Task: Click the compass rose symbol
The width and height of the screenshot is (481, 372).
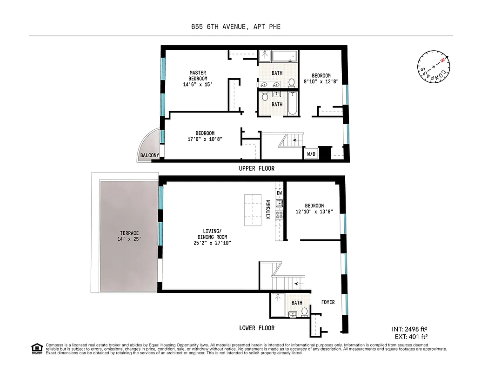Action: click(x=433, y=67)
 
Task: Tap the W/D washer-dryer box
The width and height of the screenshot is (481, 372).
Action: click(x=311, y=154)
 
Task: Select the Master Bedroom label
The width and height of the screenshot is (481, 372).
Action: click(x=198, y=79)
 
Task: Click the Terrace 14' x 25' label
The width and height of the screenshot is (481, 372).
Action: click(x=129, y=236)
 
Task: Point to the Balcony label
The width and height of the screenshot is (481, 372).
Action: click(x=149, y=155)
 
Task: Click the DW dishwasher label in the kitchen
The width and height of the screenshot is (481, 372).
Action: click(x=280, y=193)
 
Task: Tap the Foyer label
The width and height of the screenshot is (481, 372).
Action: click(x=328, y=302)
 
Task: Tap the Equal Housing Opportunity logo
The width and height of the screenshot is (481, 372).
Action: click(x=36, y=348)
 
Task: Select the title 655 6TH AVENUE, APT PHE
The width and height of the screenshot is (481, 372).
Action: click(x=236, y=27)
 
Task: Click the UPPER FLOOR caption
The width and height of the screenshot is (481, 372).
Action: click(x=254, y=168)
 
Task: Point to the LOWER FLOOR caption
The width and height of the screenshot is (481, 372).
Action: click(x=257, y=328)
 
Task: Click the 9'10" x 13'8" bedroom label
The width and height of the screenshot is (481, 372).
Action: click(x=321, y=79)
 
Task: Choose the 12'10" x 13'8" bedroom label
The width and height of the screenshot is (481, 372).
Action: click(x=314, y=209)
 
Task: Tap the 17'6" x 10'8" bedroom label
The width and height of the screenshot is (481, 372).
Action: click(x=205, y=136)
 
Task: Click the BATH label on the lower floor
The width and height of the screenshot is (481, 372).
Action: click(x=297, y=303)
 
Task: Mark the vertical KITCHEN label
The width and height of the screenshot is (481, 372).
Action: click(x=268, y=210)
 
